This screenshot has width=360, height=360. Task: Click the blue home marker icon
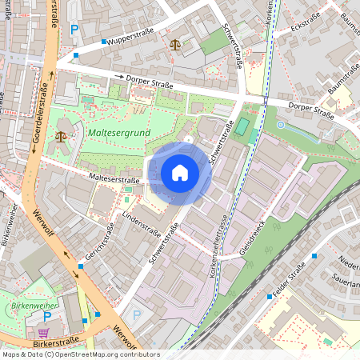click(180, 173)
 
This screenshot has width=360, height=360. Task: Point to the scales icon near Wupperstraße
click(175, 44)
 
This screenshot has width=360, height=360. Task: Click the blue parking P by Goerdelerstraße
click(74, 30)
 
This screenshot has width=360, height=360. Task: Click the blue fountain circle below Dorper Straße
click(280, 125)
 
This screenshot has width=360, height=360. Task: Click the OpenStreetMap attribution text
click(81, 354)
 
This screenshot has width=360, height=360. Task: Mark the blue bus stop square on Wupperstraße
click(104, 42)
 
